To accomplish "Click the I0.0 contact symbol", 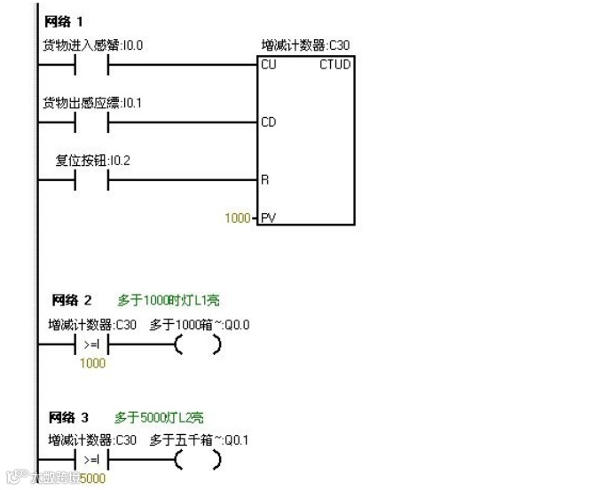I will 91,65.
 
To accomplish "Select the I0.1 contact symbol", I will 91,122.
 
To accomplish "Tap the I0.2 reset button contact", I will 91,180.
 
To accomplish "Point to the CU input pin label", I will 269,65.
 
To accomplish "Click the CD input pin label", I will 269,122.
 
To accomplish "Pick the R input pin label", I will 264,179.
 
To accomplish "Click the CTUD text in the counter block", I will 335,65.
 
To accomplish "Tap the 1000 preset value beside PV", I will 237,217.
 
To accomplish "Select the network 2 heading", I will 72,300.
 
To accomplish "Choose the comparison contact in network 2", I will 92,345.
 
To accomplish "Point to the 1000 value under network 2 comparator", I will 92,363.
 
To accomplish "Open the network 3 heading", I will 72,416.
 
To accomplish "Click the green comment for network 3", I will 160,416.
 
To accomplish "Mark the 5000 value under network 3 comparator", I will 92,479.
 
